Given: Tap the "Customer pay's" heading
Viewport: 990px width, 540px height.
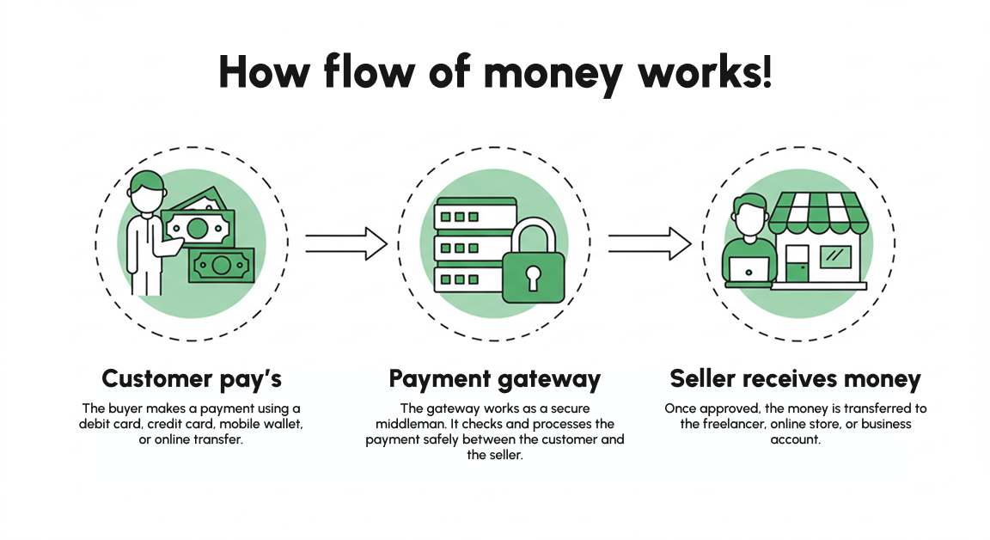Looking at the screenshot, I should pos(192,378).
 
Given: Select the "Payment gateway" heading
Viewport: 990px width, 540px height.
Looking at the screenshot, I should pos(494,378).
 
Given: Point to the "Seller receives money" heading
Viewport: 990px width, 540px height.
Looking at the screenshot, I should pos(795,378).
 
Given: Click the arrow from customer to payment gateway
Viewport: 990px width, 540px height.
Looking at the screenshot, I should pos(346,243).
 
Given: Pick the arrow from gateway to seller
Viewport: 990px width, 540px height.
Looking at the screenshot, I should pos(650,243).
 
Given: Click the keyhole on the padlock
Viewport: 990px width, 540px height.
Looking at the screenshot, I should pos(534,277).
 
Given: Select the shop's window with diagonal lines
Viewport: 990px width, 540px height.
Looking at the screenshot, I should pos(834,255).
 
